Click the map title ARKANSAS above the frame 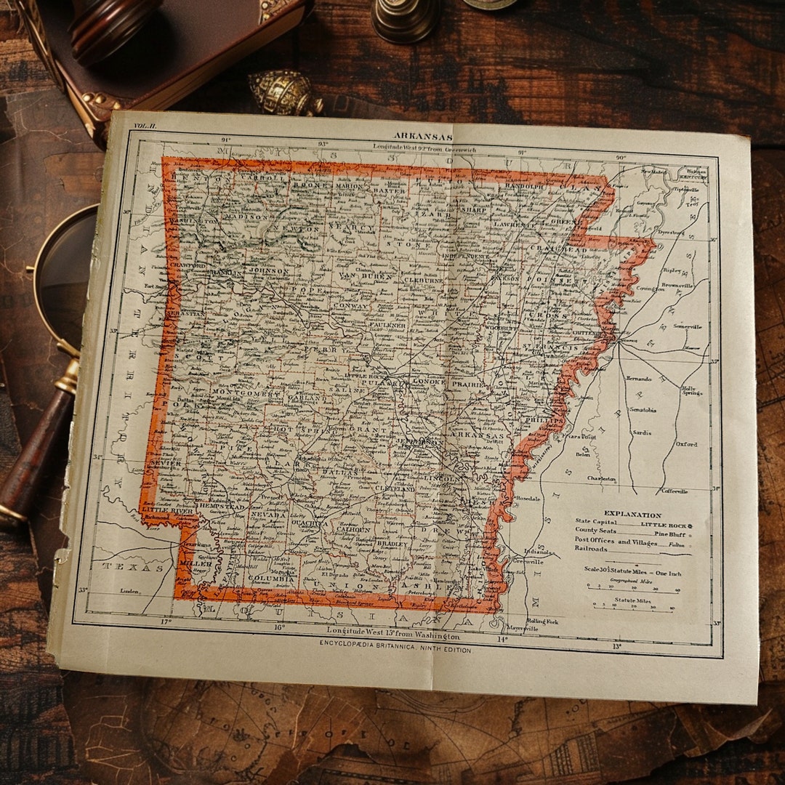point(423,136)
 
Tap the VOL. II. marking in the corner point(145,126)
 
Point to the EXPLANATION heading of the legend point(632,515)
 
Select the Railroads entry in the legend point(590,549)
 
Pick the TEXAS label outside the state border point(132,567)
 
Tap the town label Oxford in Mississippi point(685,444)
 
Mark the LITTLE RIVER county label point(169,511)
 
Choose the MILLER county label point(196,563)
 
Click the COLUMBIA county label point(268,578)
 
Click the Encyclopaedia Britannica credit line point(395,650)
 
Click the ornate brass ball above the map point(283,93)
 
